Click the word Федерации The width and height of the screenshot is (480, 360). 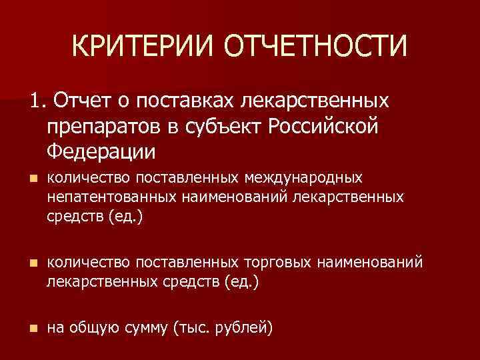pos(101,151)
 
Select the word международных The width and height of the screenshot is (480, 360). pos(304,179)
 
